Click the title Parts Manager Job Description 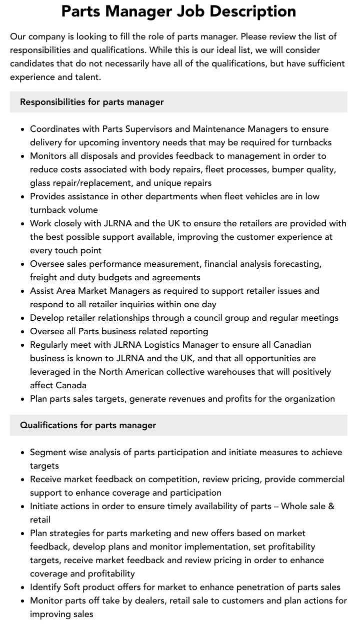click(178, 11)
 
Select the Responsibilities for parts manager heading click(92, 102)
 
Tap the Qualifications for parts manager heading click(88, 425)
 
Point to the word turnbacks click(311, 142)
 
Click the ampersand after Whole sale click(331, 506)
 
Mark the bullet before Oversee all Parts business click(23, 332)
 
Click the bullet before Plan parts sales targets click(23, 399)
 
